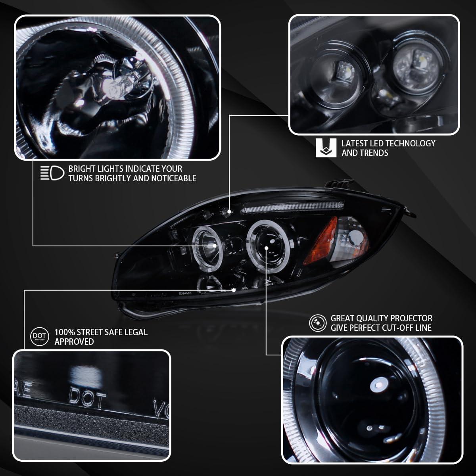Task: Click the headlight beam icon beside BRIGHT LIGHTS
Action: coord(52,173)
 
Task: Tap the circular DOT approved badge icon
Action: coord(38,336)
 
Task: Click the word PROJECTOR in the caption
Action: coord(412,319)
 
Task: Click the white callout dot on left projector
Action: coord(215,246)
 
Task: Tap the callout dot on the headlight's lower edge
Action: coord(234,290)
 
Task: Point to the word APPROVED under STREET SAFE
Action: coord(74,342)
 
